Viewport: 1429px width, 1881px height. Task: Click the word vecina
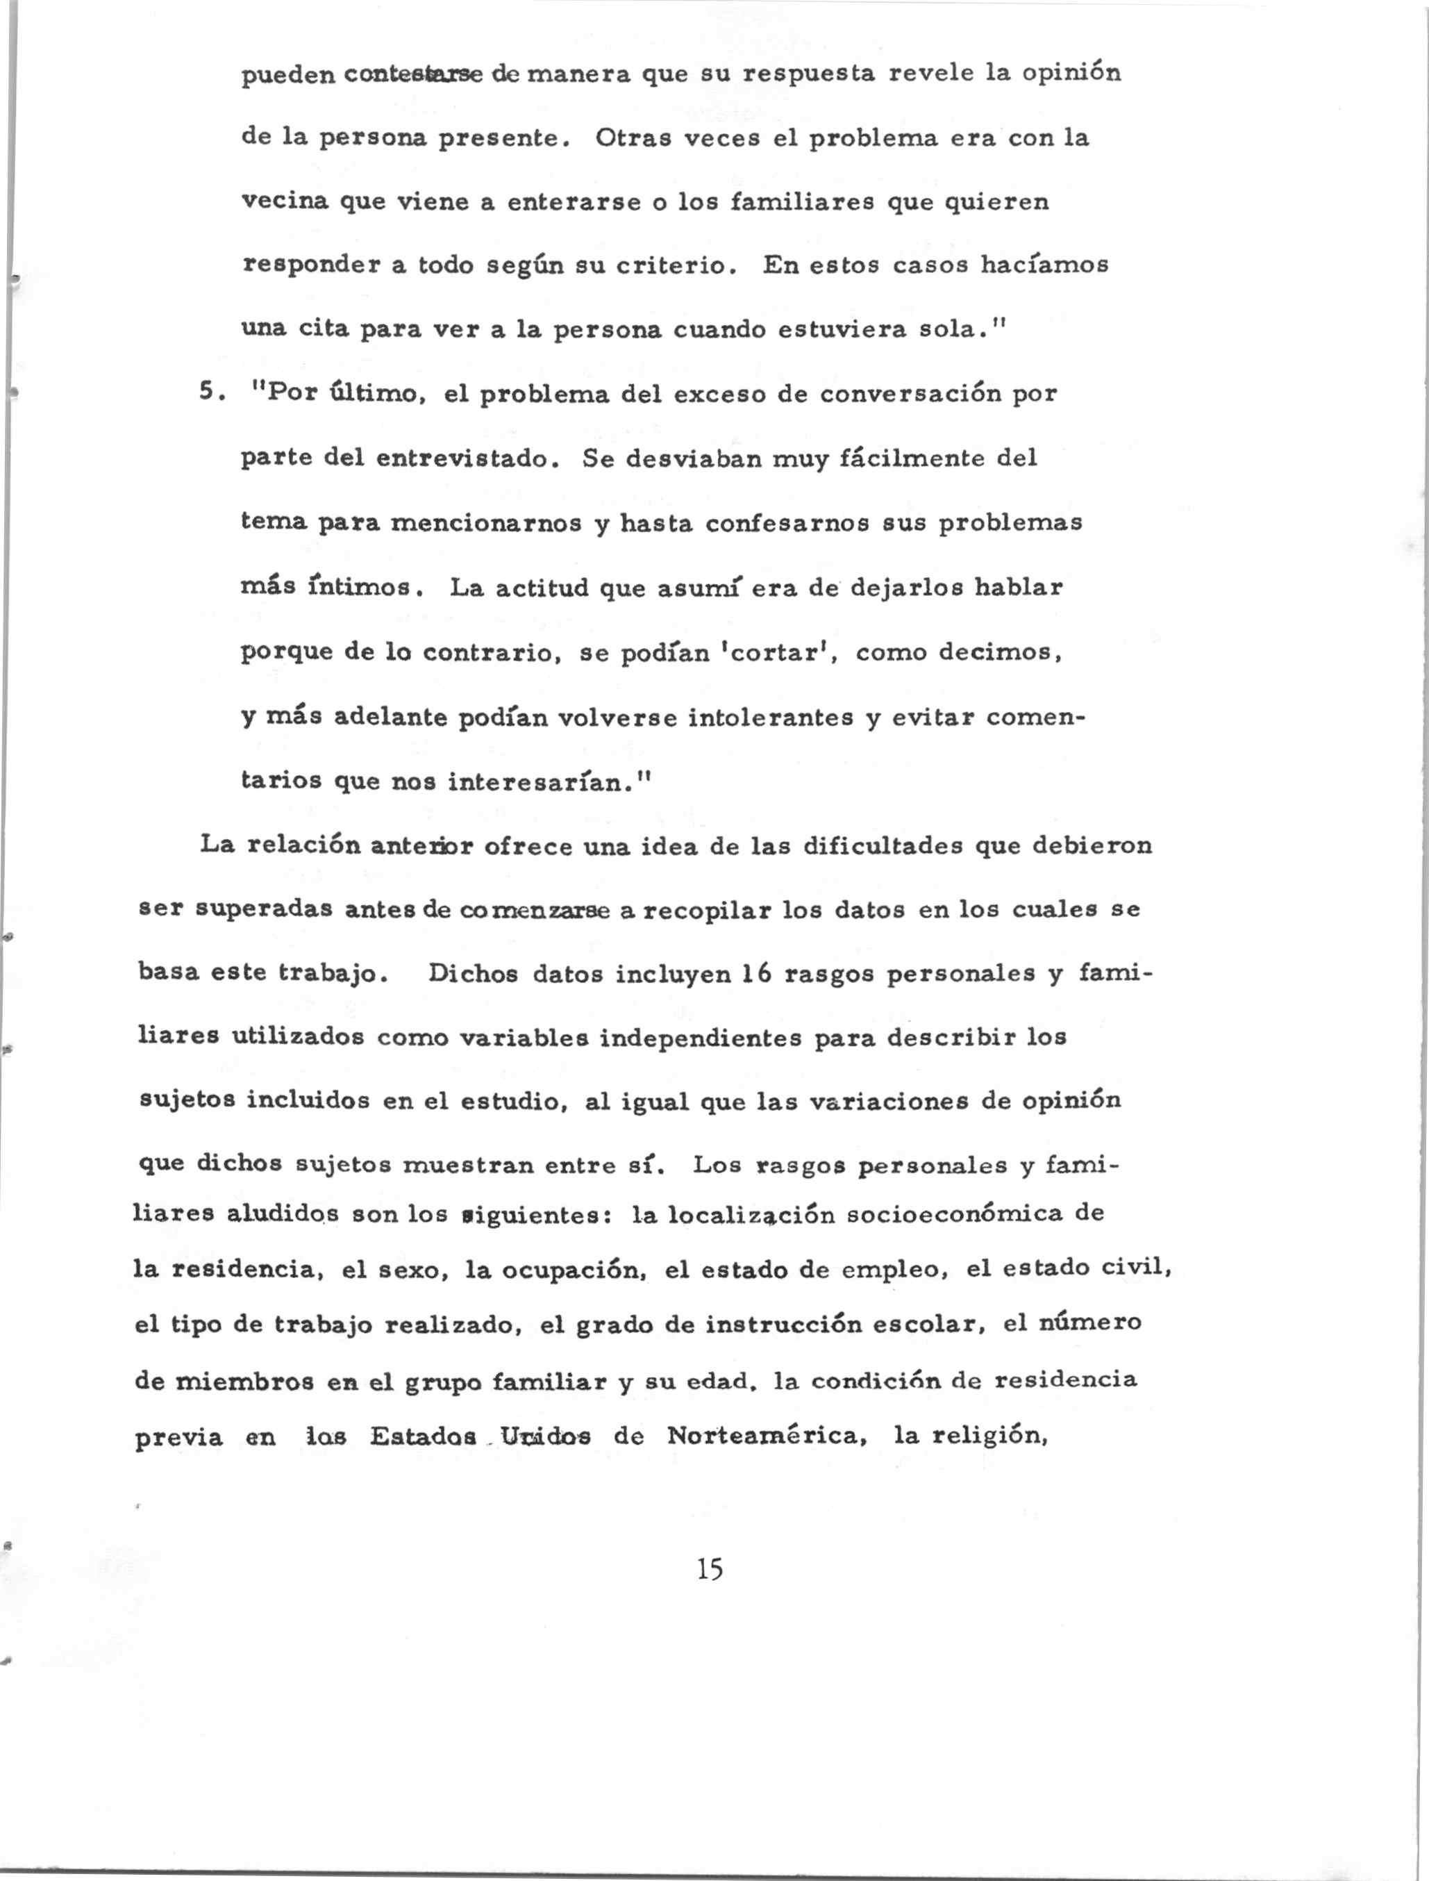(281, 201)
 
